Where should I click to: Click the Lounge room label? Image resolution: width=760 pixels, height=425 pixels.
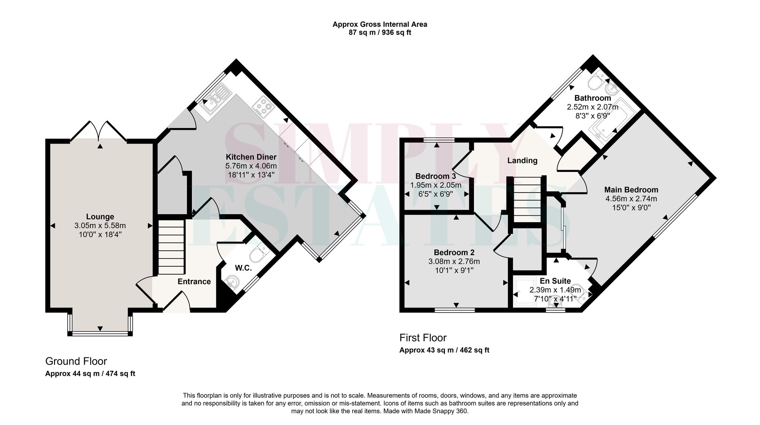click(100, 216)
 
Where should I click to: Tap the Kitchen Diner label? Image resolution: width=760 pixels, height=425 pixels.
click(251, 157)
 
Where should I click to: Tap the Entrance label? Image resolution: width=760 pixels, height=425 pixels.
click(194, 281)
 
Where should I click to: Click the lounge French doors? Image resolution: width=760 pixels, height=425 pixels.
click(99, 131)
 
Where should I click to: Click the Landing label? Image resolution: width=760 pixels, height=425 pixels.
click(522, 160)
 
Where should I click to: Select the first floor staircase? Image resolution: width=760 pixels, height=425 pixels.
click(527, 199)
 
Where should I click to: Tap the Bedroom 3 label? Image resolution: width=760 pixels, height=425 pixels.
click(435, 176)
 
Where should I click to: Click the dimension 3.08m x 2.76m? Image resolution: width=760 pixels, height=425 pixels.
click(454, 261)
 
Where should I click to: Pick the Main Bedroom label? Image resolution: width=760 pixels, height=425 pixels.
click(631, 190)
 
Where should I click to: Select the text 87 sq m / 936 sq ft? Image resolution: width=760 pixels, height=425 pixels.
click(380, 33)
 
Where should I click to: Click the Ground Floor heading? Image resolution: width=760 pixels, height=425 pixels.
click(76, 361)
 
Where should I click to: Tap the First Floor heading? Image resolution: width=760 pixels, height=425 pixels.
click(423, 337)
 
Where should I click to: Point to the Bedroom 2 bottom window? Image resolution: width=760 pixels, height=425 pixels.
click(455, 310)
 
